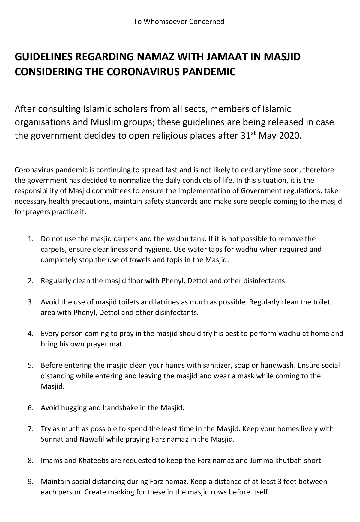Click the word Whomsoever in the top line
(162, 22)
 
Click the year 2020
(289, 136)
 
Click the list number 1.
(30, 239)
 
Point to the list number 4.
(30, 334)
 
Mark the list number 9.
(30, 482)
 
